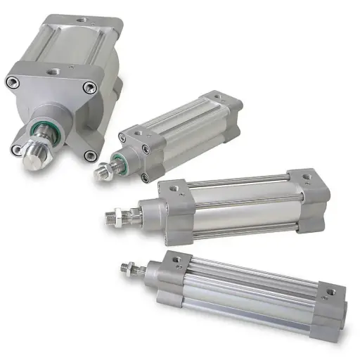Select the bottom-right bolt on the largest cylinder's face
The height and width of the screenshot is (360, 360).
(89, 155)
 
